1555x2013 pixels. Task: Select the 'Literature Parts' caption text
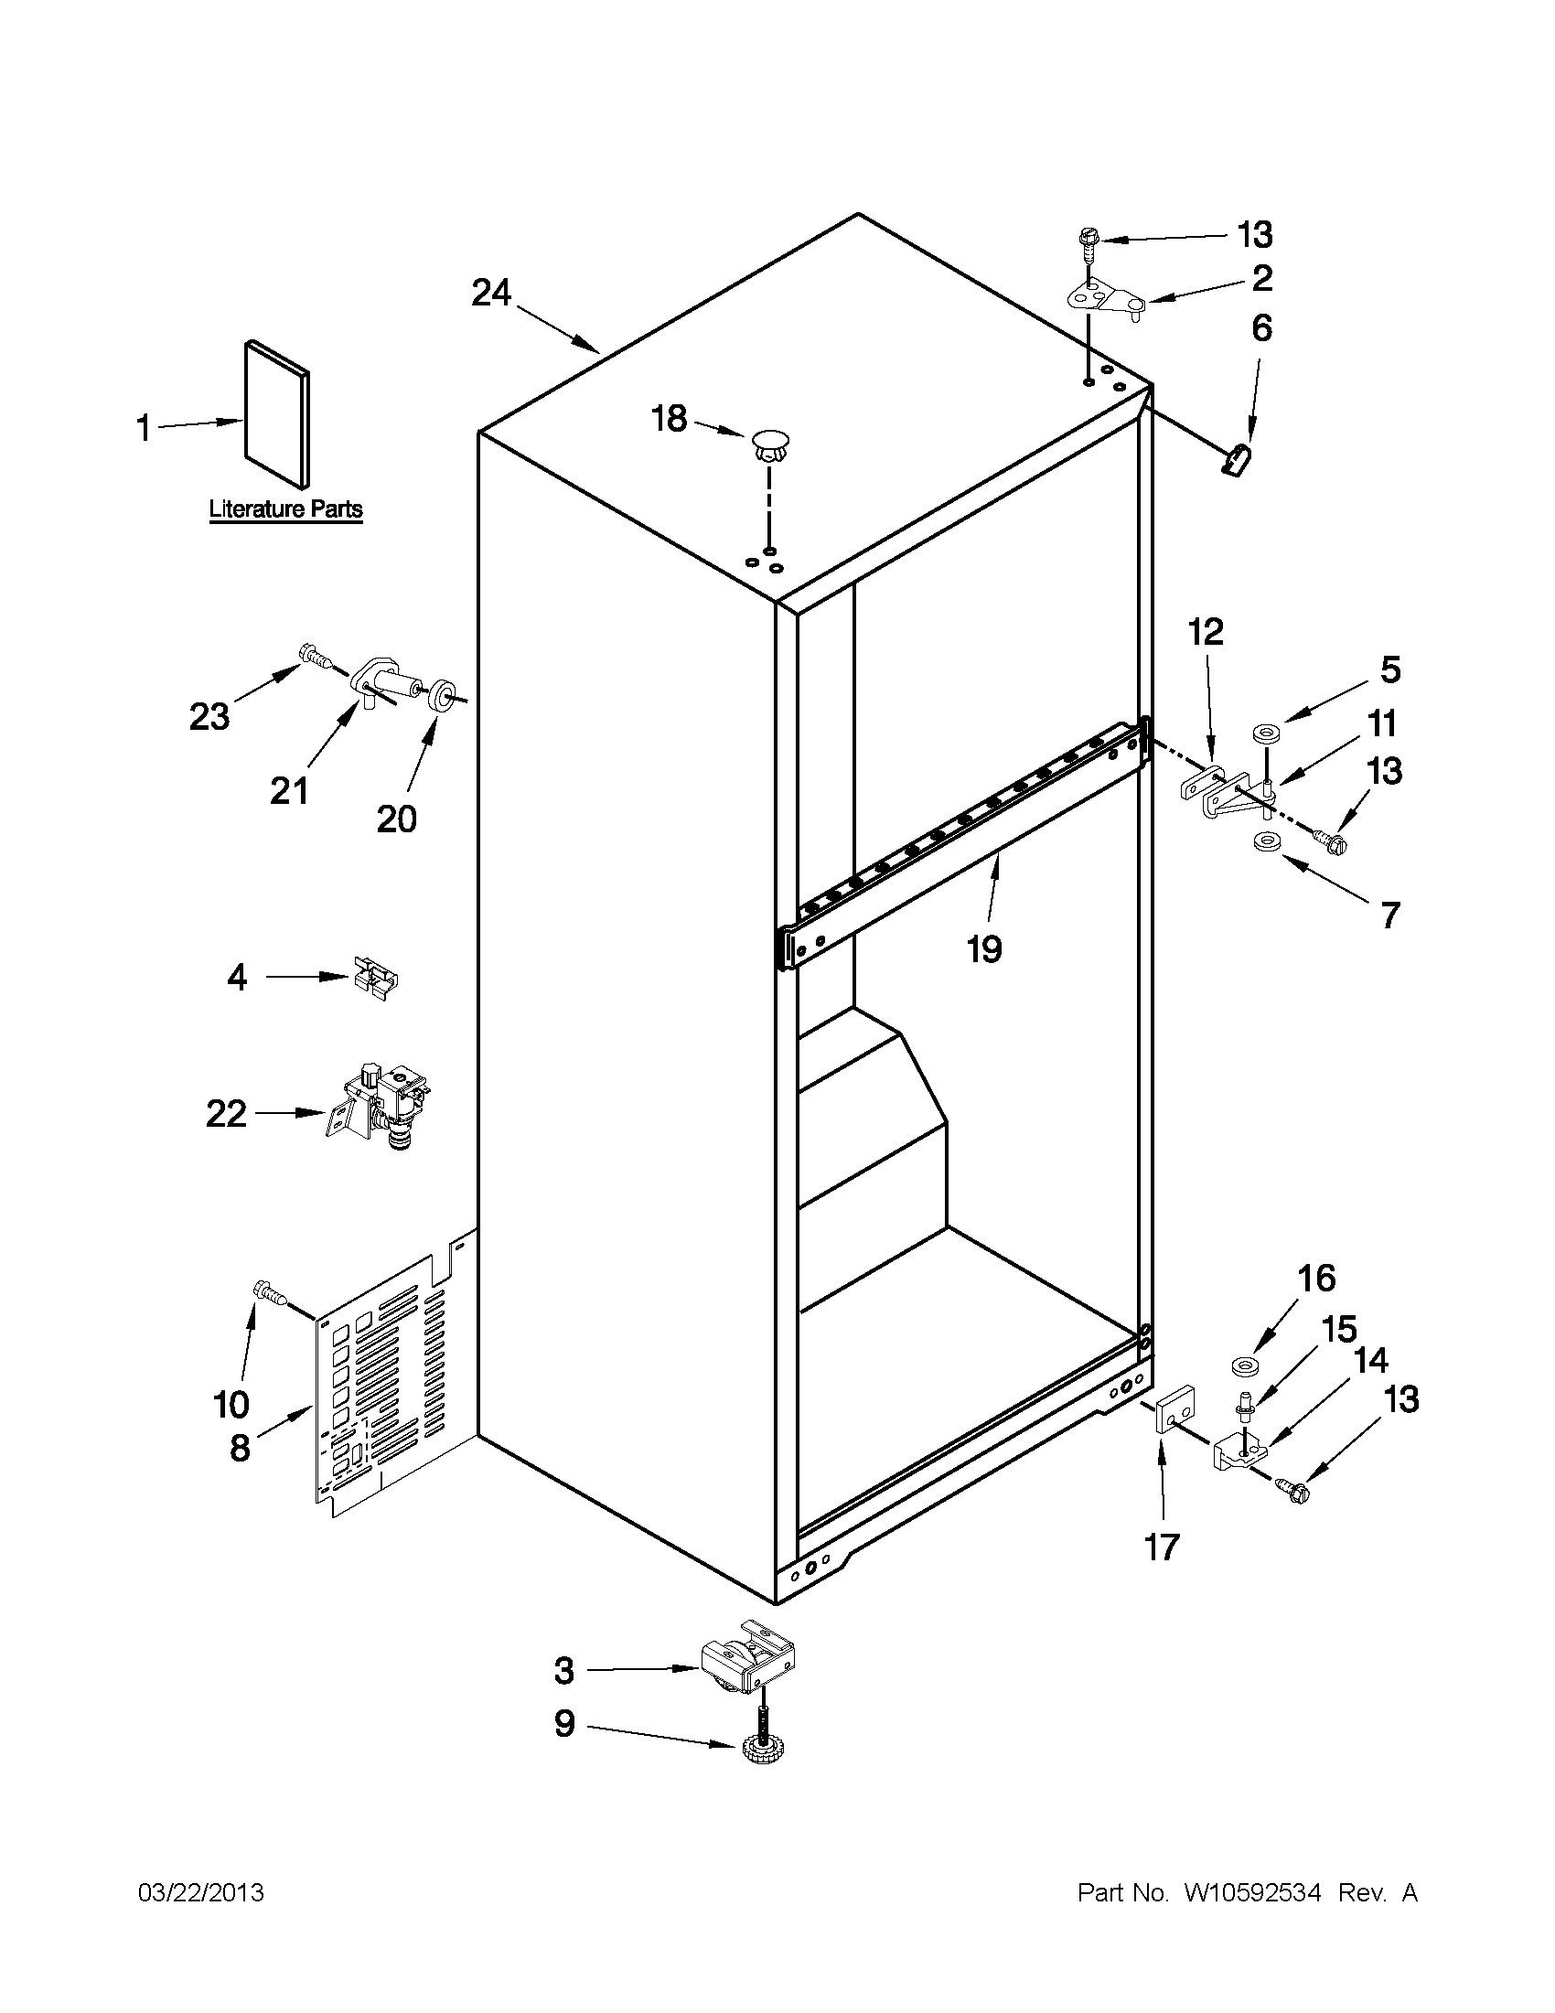(285, 509)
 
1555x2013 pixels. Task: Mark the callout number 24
(490, 294)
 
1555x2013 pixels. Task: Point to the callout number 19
(983, 948)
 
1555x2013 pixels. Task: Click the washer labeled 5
(1269, 734)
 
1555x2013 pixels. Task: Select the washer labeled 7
(1269, 841)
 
